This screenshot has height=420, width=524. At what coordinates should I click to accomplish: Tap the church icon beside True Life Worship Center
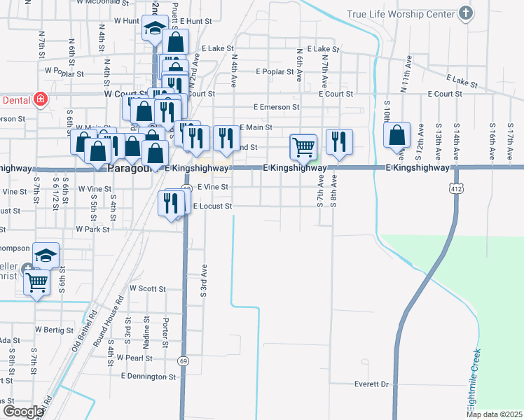point(465,13)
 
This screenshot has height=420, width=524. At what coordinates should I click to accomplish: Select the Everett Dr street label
point(371,384)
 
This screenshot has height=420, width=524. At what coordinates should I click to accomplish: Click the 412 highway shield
point(456,188)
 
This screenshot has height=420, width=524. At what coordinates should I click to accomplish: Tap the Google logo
point(22,412)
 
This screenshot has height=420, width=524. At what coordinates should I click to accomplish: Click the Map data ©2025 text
point(495,414)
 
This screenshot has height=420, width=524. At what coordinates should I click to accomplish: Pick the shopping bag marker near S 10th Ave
point(397,136)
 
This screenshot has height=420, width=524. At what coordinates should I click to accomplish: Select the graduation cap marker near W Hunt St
point(153,28)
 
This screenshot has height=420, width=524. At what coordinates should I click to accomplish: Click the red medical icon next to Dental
point(41,99)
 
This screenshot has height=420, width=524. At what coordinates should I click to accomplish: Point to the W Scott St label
point(147,288)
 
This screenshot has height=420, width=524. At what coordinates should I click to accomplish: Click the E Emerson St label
point(277,108)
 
